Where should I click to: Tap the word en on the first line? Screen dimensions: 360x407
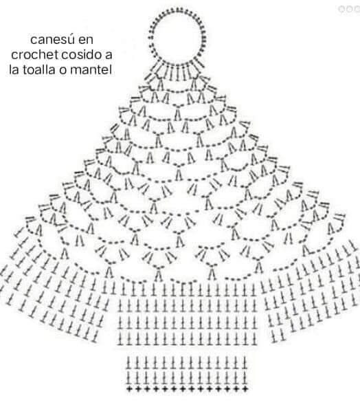pyautogui.click(x=85, y=41)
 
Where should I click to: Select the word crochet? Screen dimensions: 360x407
pyautogui.click(x=34, y=54)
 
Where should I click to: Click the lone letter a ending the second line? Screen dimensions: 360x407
pyautogui.click(x=109, y=56)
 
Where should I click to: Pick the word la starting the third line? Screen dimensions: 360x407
pyautogui.click(x=14, y=69)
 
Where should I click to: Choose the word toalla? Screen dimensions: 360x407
pyautogui.click(x=39, y=69)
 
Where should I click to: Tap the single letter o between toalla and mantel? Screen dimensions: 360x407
pyautogui.click(x=63, y=71)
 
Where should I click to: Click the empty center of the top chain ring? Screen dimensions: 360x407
pyautogui.click(x=178, y=36)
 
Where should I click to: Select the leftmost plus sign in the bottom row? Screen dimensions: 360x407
pyautogui.click(x=129, y=389)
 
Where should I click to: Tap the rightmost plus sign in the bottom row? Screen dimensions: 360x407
pyautogui.click(x=245, y=389)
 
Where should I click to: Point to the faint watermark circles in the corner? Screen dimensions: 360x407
pyautogui.click(x=349, y=8)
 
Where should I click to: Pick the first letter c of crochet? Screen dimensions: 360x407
pyautogui.click(x=14, y=56)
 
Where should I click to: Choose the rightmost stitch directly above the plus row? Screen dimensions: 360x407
pyautogui.click(x=245, y=377)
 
